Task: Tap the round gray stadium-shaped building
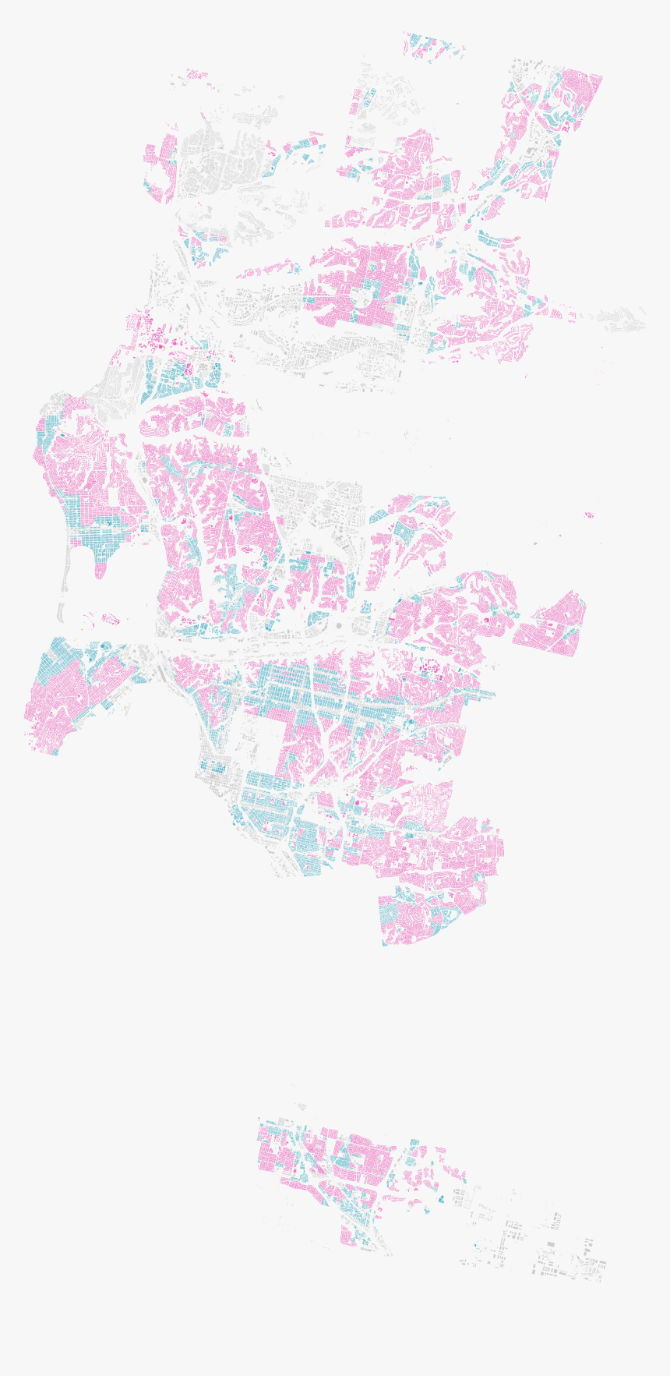(x=340, y=625)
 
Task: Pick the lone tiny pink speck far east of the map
(x=589, y=515)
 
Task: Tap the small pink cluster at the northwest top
(x=198, y=75)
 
